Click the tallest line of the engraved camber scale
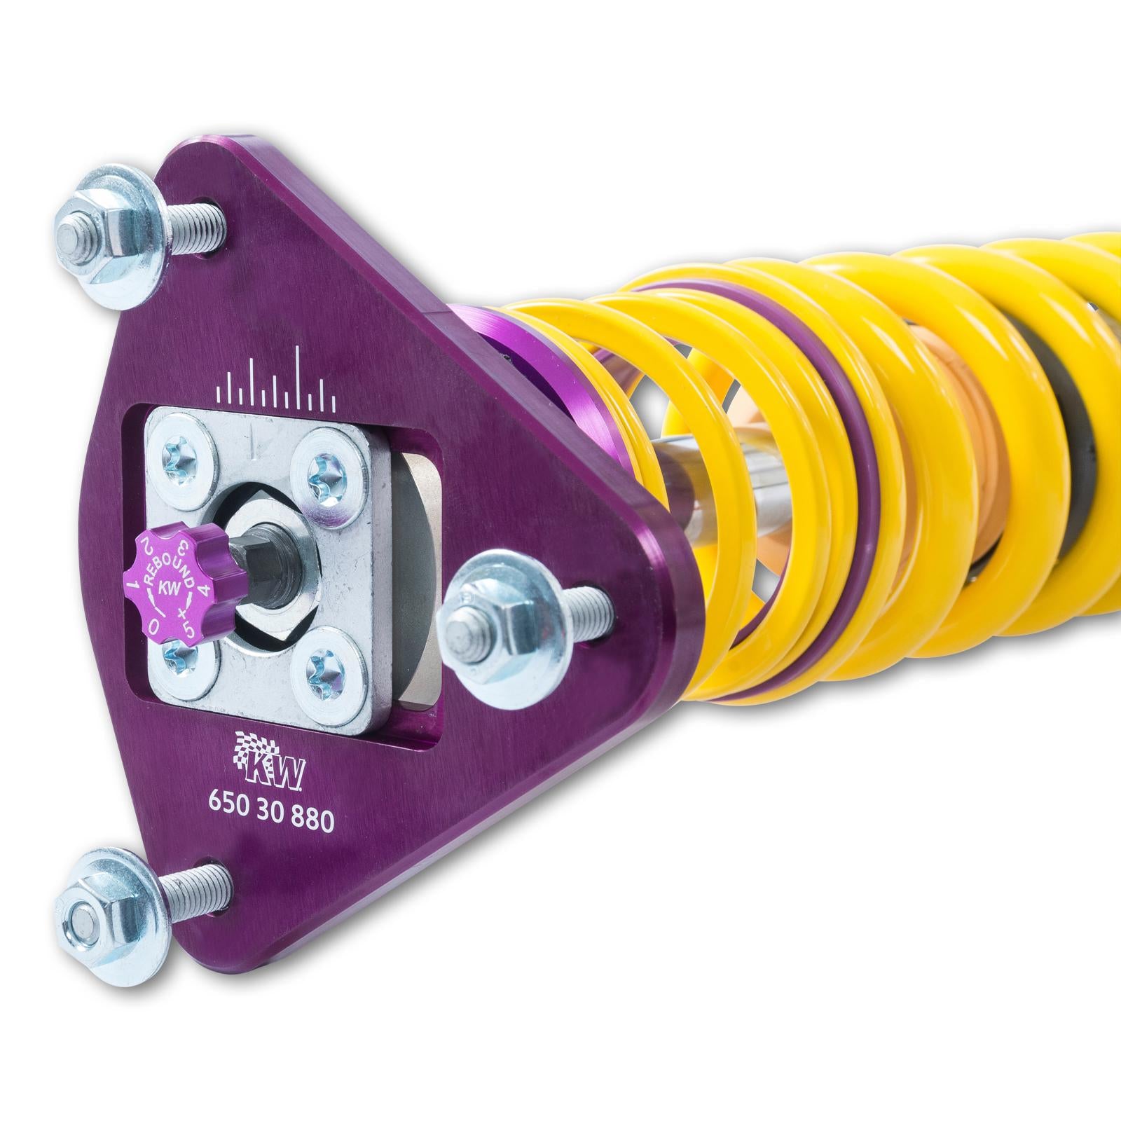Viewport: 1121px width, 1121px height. [301, 375]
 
